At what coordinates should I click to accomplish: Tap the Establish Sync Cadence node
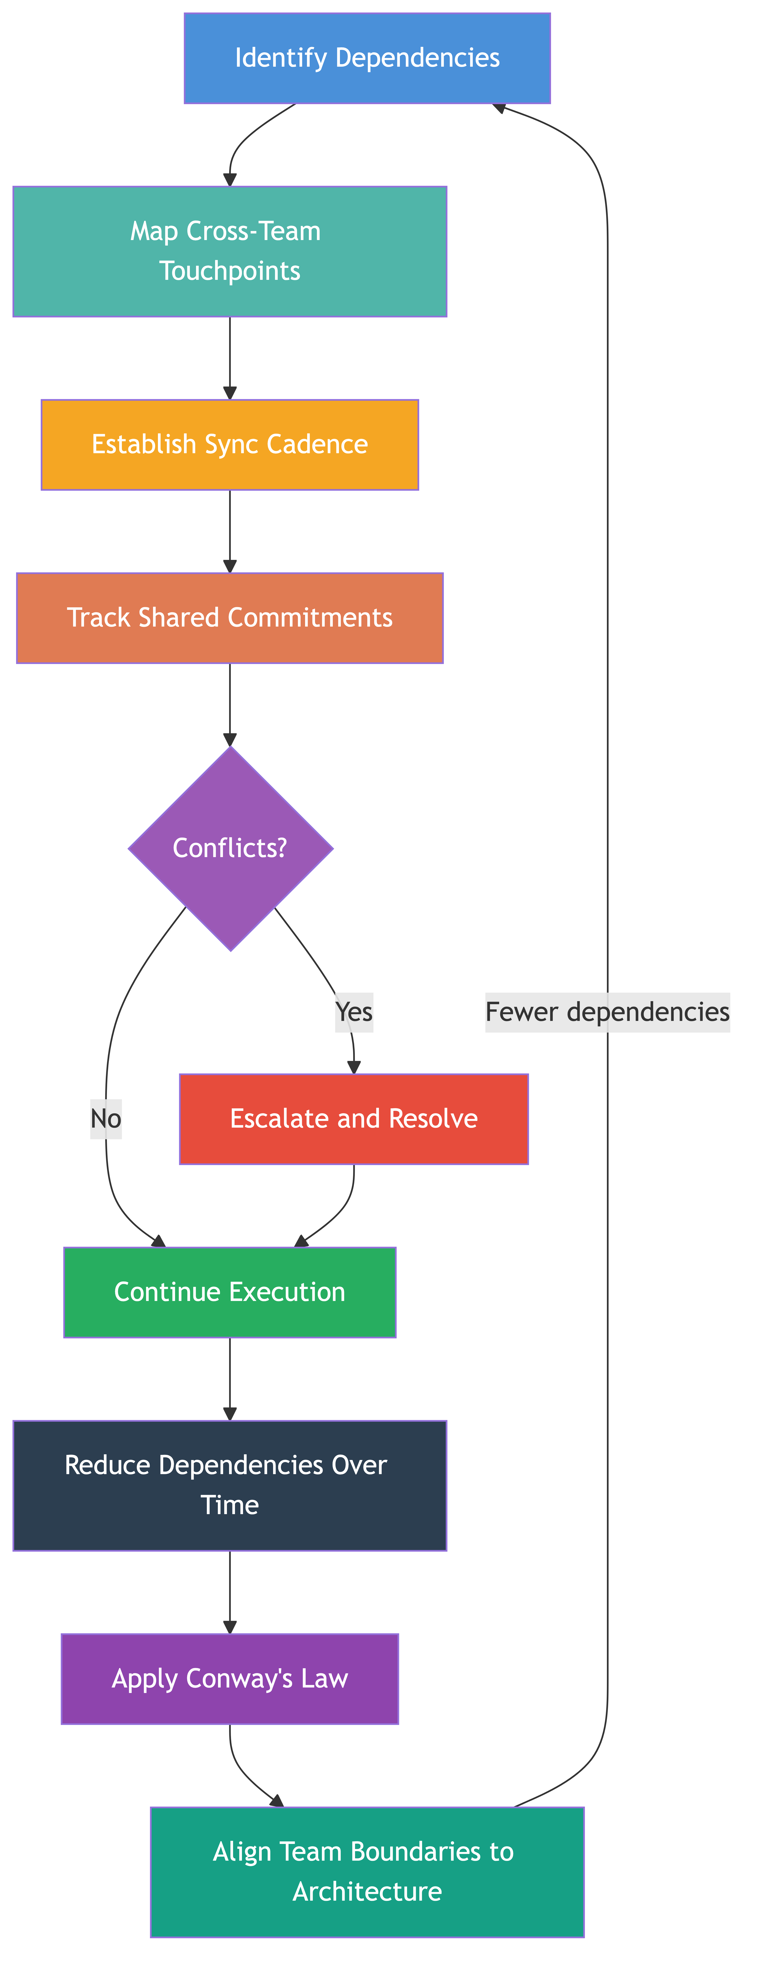click(229, 445)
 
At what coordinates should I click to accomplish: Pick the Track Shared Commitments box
click(229, 618)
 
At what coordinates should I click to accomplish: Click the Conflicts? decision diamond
click(230, 848)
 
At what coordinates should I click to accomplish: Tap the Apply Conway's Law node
click(229, 1679)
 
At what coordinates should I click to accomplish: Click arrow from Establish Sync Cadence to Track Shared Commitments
click(229, 531)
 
